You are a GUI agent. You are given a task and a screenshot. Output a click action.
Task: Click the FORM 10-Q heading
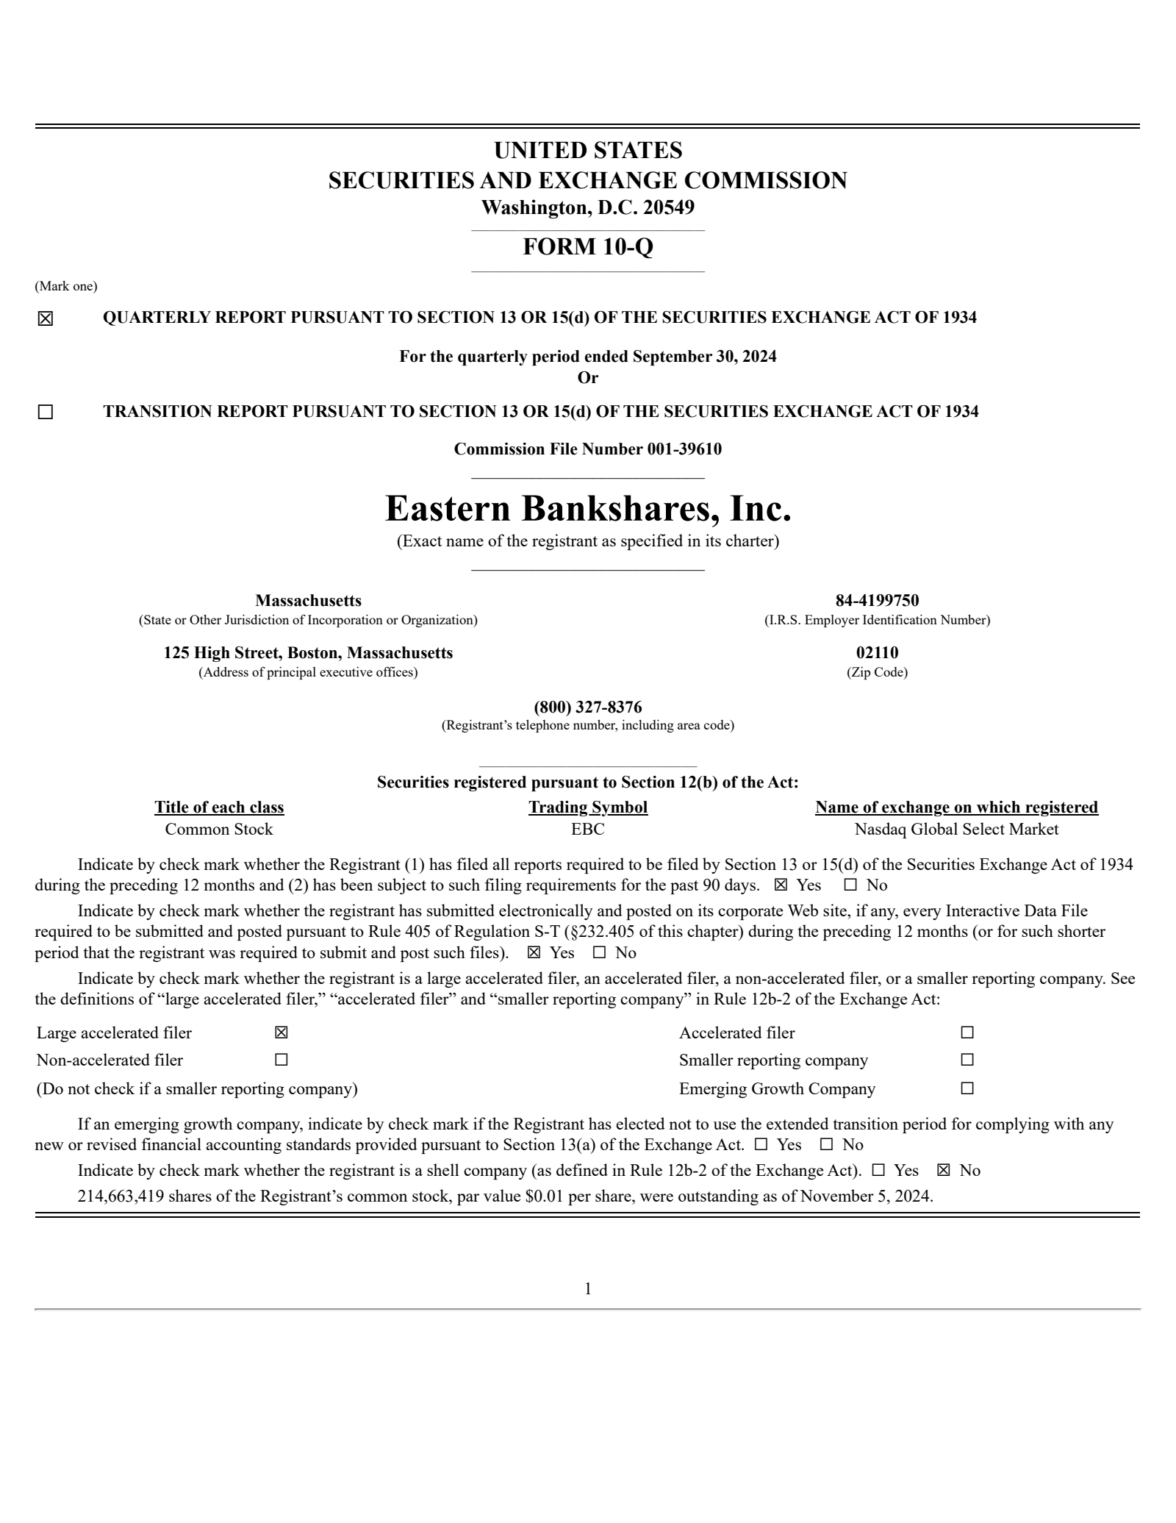point(587,247)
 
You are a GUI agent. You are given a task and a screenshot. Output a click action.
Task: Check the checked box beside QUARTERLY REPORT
point(46,318)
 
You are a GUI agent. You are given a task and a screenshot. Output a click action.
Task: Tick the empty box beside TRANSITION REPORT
point(46,412)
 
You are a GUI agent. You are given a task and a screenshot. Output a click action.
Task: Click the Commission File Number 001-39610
point(587,449)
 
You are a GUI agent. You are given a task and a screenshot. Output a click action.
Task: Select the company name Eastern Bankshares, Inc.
point(588,509)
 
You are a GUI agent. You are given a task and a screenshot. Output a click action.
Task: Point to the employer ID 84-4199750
point(877,601)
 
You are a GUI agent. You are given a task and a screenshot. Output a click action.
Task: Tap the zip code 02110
point(877,653)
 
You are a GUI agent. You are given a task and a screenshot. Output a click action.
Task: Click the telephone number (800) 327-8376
point(587,707)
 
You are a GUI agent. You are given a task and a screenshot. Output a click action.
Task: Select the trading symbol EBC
point(587,830)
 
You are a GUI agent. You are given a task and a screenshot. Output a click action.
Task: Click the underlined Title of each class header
point(219,807)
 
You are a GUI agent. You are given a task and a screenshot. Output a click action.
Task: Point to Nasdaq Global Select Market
point(956,830)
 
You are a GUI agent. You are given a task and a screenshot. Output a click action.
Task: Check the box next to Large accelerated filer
point(281,1032)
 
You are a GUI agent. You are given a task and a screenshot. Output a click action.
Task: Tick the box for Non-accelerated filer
point(281,1060)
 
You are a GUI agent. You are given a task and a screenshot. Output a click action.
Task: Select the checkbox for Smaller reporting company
point(967,1060)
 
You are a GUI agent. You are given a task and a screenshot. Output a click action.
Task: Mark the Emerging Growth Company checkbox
point(967,1088)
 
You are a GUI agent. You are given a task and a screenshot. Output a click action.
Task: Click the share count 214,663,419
point(121,1196)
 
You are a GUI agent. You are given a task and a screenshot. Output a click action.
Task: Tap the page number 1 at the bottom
point(587,1288)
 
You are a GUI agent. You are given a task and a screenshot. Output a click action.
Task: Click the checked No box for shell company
point(944,1170)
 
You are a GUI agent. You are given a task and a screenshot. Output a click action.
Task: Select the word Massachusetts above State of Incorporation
point(308,601)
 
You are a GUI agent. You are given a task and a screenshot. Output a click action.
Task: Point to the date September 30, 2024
point(704,357)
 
